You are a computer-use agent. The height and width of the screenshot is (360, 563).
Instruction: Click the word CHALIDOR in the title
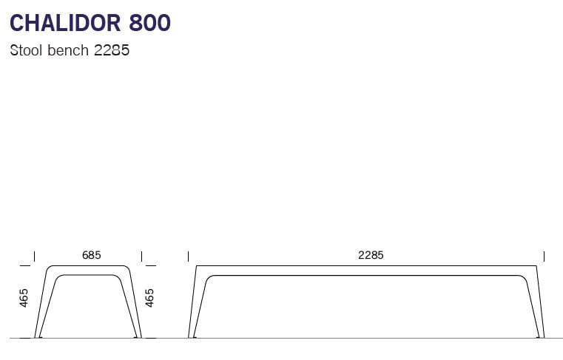65,23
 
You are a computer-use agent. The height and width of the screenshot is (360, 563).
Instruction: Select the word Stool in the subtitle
27,52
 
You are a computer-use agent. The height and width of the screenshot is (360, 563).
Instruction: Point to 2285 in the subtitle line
112,52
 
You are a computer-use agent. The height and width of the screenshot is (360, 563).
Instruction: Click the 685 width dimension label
91,255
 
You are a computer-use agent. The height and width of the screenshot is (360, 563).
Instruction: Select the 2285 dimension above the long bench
371,255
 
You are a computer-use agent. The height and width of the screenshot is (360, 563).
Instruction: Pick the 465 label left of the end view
24,298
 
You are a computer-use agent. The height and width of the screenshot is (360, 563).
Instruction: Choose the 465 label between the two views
150,298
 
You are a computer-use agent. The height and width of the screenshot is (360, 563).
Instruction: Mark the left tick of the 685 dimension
35,256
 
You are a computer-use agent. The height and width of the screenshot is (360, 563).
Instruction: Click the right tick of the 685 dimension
141,256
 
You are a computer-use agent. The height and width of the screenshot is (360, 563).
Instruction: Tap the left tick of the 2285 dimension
189,256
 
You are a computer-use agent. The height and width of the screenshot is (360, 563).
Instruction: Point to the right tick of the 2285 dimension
544,256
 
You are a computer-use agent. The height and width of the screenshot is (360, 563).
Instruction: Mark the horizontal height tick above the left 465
26,265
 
